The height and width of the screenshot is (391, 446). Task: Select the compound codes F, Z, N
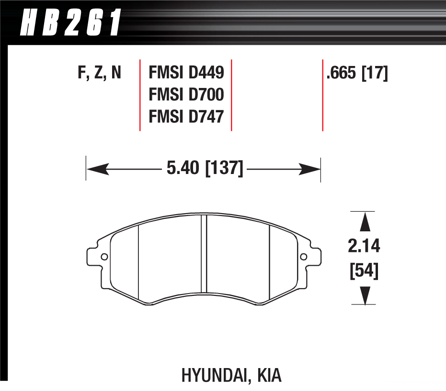point(99,73)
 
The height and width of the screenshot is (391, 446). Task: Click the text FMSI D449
point(186,73)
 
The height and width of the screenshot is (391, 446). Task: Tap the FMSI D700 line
point(186,95)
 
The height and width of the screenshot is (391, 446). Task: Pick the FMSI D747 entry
point(186,116)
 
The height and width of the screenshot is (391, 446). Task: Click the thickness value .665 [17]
point(357,73)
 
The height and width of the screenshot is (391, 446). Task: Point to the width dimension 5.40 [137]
point(205,168)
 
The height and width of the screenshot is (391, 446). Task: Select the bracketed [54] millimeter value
point(365,272)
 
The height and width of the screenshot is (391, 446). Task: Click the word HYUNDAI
point(213,375)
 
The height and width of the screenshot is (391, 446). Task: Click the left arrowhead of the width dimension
point(96,168)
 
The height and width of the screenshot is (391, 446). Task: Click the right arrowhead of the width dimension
point(310,168)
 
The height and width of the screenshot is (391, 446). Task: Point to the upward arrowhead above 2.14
point(365,222)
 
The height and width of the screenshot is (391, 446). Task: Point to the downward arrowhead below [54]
point(365,294)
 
